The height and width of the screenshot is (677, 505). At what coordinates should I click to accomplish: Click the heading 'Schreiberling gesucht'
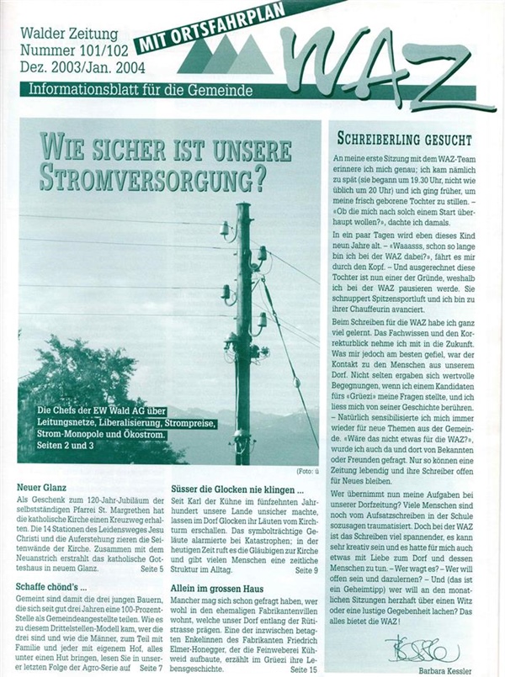pyautogui.click(x=404, y=139)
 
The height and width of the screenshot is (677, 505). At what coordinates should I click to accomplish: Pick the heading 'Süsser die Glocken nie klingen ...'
pyautogui.click(x=240, y=487)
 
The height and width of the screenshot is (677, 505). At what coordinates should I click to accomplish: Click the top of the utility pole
pyautogui.click(x=243, y=208)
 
